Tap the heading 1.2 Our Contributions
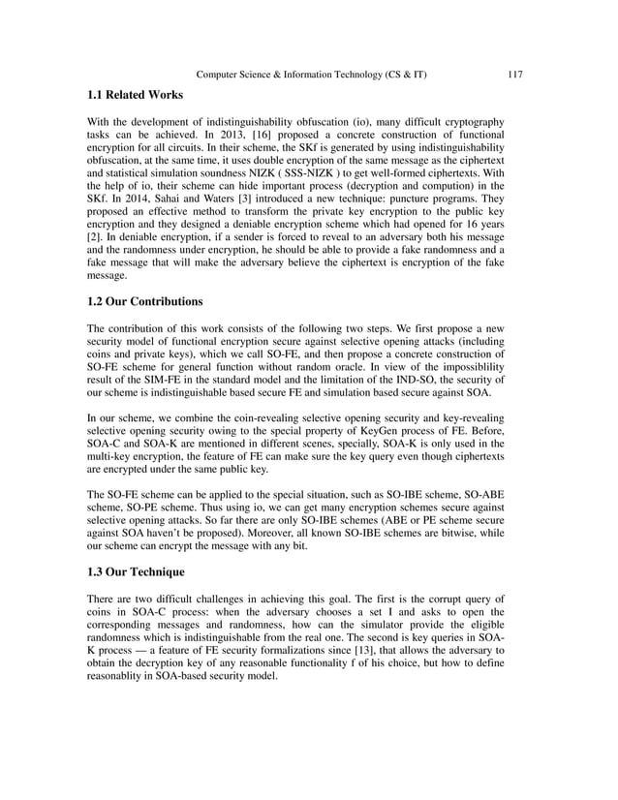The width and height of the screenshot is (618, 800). click(139, 300)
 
